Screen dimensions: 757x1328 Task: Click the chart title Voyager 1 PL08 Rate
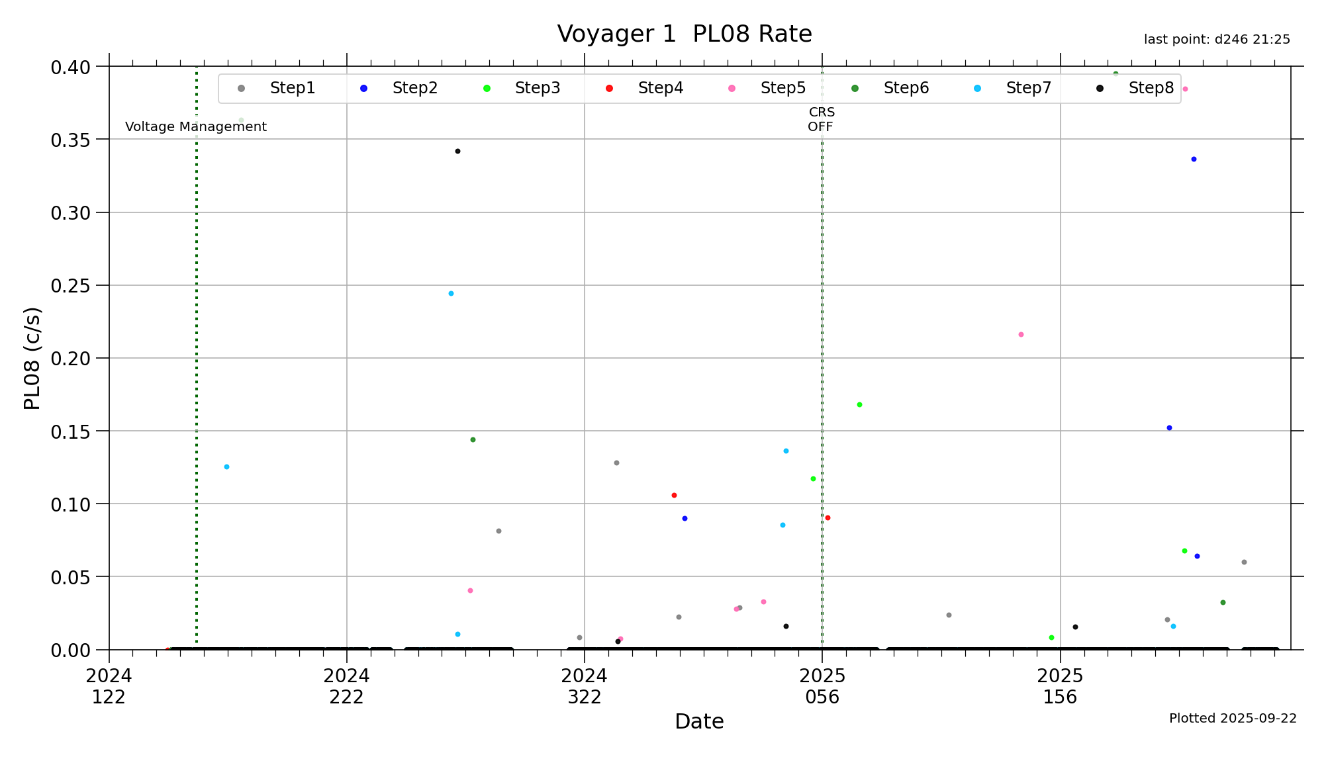[x=684, y=34]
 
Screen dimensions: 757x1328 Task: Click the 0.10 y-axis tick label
[x=70, y=504]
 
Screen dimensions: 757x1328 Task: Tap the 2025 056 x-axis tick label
[x=822, y=686]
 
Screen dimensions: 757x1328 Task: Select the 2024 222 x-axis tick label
[x=346, y=686]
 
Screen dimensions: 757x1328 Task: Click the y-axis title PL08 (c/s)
[x=32, y=358]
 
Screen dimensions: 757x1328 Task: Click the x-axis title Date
[x=699, y=721]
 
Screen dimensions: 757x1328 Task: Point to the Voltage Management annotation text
[x=196, y=126]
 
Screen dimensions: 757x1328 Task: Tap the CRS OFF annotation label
[x=821, y=120]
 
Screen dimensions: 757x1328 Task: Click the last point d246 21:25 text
[x=1217, y=40]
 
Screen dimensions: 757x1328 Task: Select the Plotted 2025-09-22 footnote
[x=1233, y=719]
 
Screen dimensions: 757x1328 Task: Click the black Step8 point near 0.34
[x=457, y=152]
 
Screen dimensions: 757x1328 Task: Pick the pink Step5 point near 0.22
[x=1021, y=335]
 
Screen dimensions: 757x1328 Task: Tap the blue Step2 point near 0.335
[x=1194, y=159]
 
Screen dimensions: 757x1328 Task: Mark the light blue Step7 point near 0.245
[x=451, y=294]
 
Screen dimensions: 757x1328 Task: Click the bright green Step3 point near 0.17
[x=859, y=405]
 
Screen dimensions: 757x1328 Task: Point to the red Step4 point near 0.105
[x=674, y=496]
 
